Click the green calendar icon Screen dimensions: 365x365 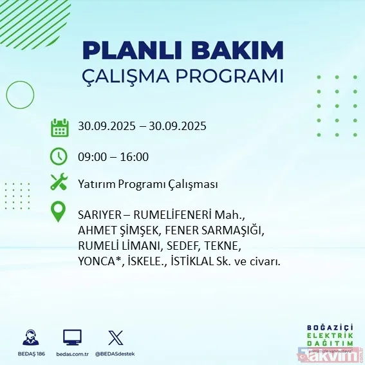tap(59, 127)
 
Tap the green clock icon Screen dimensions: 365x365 tap(59, 156)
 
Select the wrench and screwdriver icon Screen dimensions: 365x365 tap(59, 183)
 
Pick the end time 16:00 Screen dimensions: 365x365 tap(135, 156)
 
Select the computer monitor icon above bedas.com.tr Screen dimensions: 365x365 tap(72, 337)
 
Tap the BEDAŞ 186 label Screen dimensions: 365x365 tap(29, 354)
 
